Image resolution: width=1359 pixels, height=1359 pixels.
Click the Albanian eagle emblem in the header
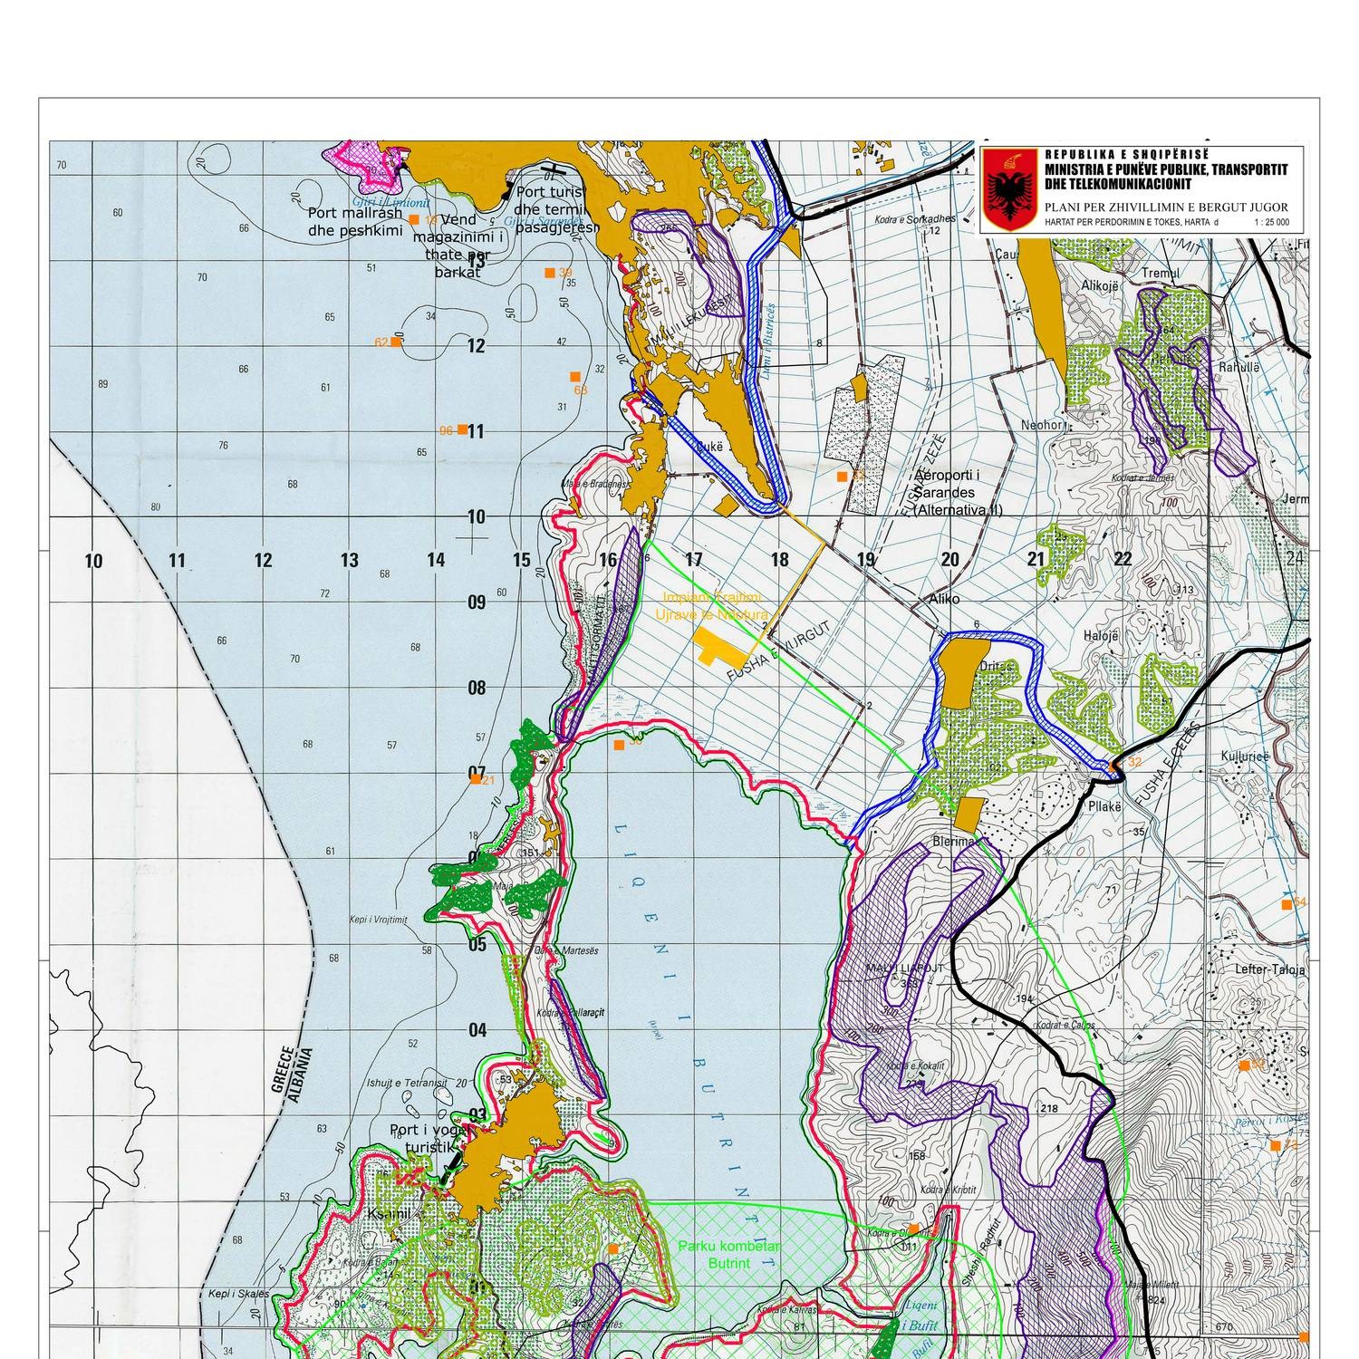(x=1009, y=190)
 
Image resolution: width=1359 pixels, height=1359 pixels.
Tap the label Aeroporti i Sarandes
(x=958, y=493)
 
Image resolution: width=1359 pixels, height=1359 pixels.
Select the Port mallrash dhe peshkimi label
(x=354, y=221)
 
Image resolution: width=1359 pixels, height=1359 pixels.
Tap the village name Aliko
(x=942, y=600)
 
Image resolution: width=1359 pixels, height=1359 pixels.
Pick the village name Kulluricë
(x=1246, y=756)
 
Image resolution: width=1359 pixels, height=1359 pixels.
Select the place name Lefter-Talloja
(x=1269, y=969)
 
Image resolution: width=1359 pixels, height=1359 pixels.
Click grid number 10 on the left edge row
(x=93, y=561)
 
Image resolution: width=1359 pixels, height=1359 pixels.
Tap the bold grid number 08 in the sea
(x=477, y=688)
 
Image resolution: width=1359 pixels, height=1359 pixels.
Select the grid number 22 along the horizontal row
(x=1123, y=559)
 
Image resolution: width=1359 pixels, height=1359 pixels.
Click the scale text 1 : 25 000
(x=1272, y=222)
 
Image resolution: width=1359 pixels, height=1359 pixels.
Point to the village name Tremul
(x=1161, y=274)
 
